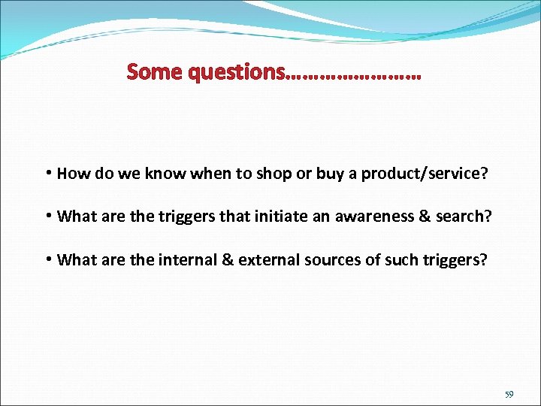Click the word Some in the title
156,72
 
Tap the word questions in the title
237,72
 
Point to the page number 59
509,394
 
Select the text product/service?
425,174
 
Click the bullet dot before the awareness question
48,217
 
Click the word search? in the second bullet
464,217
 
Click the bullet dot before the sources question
48,260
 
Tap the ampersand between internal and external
225,260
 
